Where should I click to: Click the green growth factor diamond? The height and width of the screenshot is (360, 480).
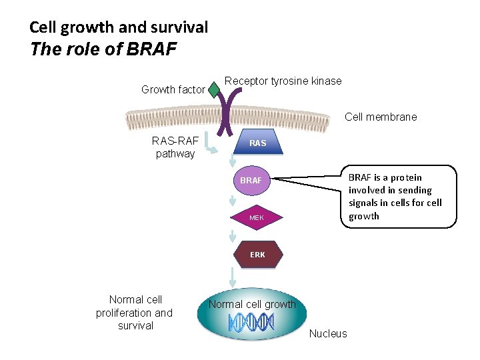(x=214, y=90)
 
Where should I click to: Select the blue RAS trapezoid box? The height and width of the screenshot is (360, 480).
(x=257, y=143)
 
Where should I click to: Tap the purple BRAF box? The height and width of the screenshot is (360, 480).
(x=251, y=181)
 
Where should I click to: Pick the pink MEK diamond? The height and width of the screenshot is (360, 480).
(x=257, y=218)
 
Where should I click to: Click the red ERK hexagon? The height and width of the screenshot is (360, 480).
(x=257, y=255)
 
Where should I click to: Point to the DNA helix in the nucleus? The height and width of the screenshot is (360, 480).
(x=251, y=323)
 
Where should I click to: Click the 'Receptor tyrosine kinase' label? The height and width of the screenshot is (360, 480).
(x=283, y=81)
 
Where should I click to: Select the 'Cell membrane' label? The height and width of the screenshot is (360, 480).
(x=381, y=117)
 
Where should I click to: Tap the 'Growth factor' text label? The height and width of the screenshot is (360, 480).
(x=173, y=89)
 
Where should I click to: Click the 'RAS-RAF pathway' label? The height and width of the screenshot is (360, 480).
(x=175, y=147)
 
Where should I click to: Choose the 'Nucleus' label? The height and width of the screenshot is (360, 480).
(x=328, y=333)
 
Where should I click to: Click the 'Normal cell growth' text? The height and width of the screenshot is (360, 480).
(x=252, y=304)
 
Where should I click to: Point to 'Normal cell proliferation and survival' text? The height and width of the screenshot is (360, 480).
(x=134, y=313)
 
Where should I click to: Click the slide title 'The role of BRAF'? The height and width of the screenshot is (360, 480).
(x=103, y=50)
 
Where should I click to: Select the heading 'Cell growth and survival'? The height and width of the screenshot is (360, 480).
(x=119, y=27)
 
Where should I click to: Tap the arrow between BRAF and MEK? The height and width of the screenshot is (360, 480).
(x=232, y=200)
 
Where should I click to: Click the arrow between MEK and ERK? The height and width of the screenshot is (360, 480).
(x=232, y=237)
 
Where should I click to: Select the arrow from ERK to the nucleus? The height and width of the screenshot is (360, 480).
(x=232, y=277)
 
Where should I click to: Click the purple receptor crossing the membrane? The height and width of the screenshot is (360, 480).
(x=235, y=110)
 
